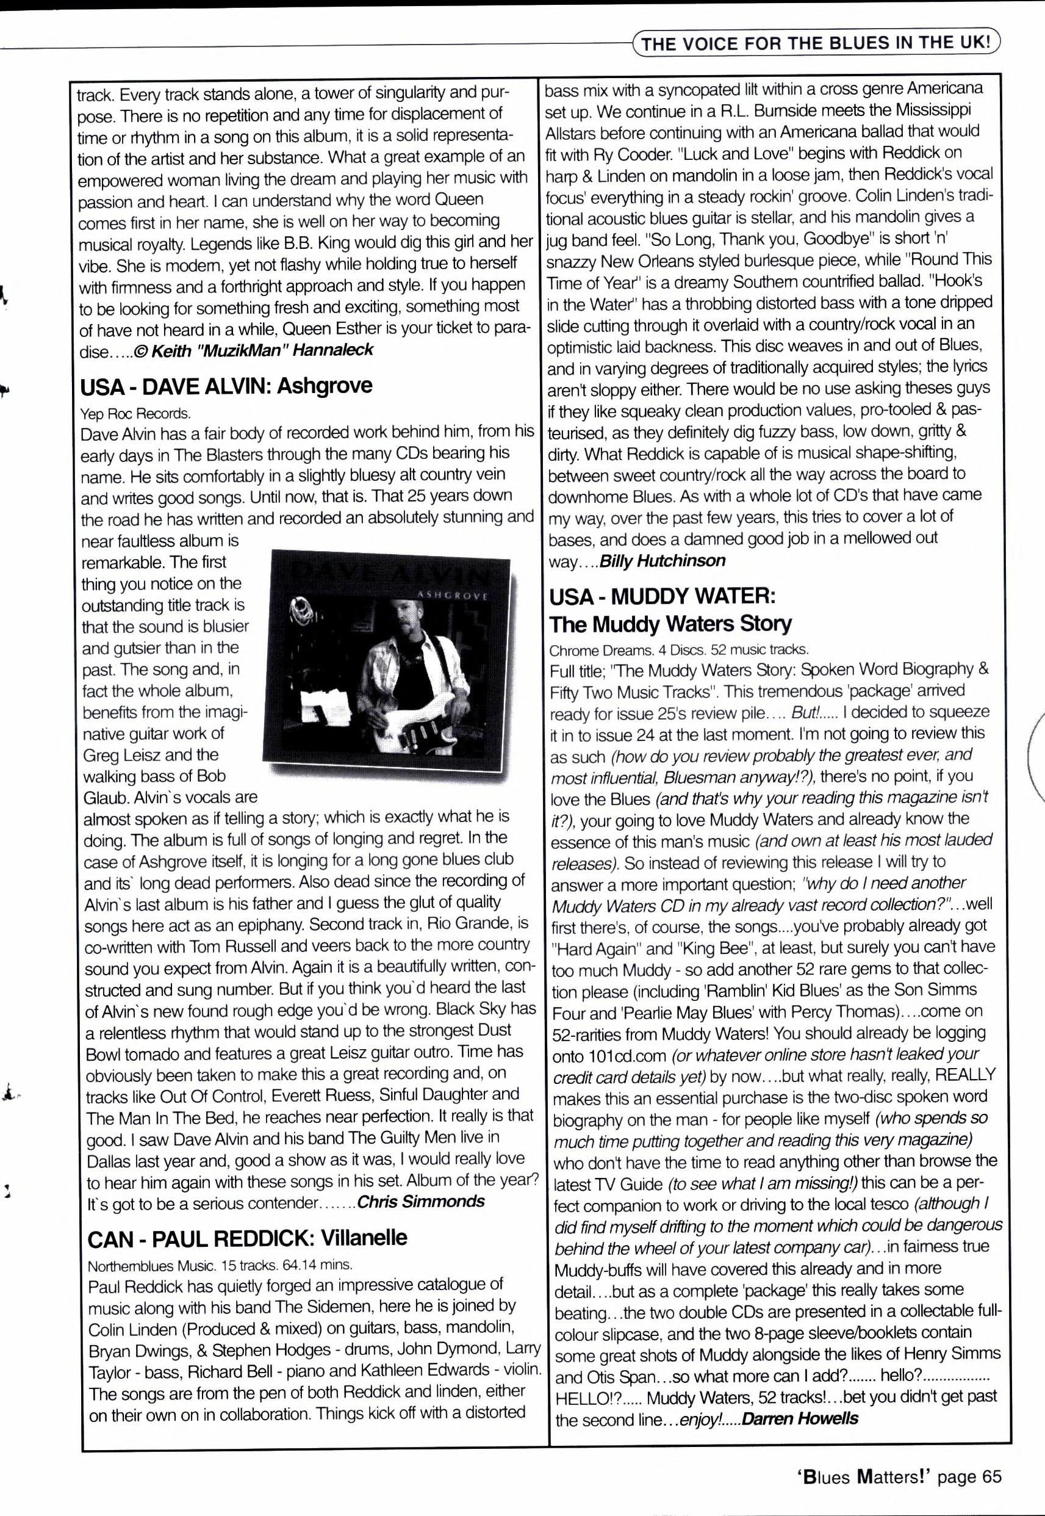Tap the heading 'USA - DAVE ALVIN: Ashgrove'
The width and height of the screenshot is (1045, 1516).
pos(226,386)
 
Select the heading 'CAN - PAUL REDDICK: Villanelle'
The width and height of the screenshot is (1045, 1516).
pos(247,1238)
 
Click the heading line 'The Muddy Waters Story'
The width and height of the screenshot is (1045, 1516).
pos(670,623)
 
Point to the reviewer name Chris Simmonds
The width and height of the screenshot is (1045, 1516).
pos(421,1201)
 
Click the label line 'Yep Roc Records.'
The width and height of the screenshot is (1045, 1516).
pos(135,413)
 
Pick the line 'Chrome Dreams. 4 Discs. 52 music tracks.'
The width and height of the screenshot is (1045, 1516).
pos(679,650)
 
